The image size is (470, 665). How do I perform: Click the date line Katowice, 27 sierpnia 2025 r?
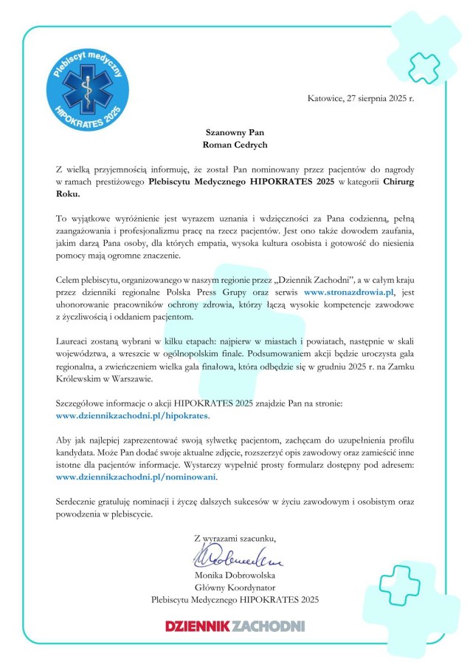pos(360,98)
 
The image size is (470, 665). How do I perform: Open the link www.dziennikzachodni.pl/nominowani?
pos(136,477)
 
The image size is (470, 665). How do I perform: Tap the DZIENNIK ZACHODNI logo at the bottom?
pos(235,627)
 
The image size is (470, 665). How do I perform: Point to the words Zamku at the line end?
pos(399,367)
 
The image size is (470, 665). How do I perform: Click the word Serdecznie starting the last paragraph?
pos(80,502)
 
